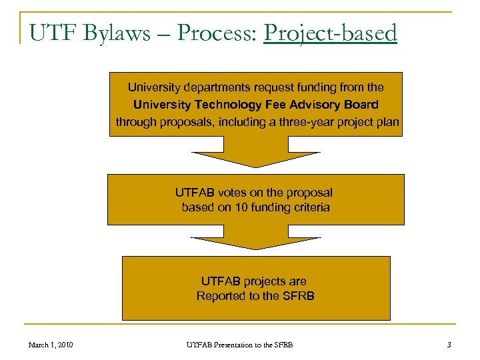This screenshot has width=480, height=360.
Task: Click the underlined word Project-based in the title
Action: click(330, 33)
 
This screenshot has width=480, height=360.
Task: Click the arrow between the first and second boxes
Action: click(256, 153)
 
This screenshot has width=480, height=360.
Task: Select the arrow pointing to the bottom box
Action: click(256, 238)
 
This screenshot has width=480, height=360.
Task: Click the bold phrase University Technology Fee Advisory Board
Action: click(256, 105)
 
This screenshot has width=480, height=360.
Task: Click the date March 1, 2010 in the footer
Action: click(51, 345)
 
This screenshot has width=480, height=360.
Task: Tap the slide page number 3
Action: click(449, 345)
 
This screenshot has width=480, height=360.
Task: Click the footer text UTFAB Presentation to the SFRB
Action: click(239, 345)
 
